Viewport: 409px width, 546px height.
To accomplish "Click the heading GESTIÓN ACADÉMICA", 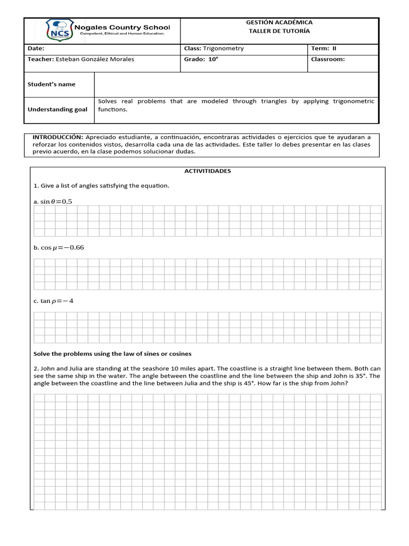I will pyautogui.click(x=279, y=22).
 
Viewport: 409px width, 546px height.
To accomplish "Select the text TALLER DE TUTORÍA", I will pyautogui.click(x=279, y=31).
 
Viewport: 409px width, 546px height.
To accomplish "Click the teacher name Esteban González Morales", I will pyautogui.click(x=95, y=59).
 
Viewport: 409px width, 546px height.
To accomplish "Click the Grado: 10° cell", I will pyautogui.click(x=201, y=59).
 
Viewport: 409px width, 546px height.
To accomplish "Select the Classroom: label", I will pyautogui.click(x=328, y=59).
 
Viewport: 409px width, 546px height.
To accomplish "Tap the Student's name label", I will pyautogui.click(x=52, y=84).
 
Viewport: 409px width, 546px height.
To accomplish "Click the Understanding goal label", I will pyautogui.click(x=58, y=109).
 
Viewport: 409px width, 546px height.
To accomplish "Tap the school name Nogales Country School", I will pyautogui.click(x=122, y=27).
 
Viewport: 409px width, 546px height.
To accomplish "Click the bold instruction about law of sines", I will pyautogui.click(x=112, y=354).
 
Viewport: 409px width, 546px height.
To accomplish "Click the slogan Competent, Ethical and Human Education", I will pyautogui.click(x=122, y=34).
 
